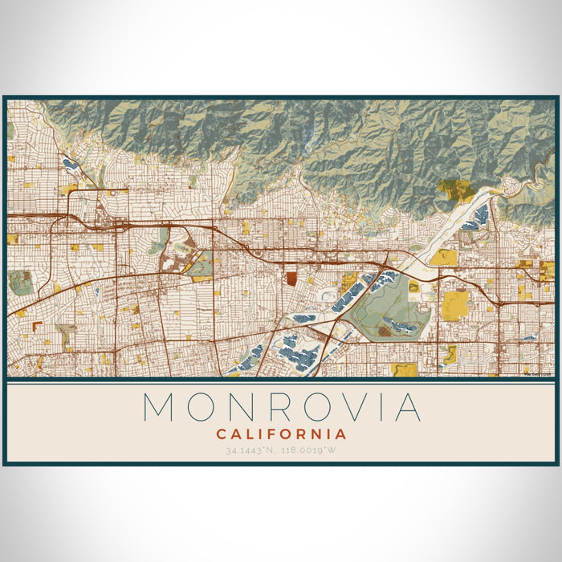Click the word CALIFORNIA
coord(281,434)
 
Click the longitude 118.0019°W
coord(308,451)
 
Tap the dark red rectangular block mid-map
coord(291,279)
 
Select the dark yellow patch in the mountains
coord(455,190)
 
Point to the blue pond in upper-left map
coord(70,164)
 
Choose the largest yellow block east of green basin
coord(455,304)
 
